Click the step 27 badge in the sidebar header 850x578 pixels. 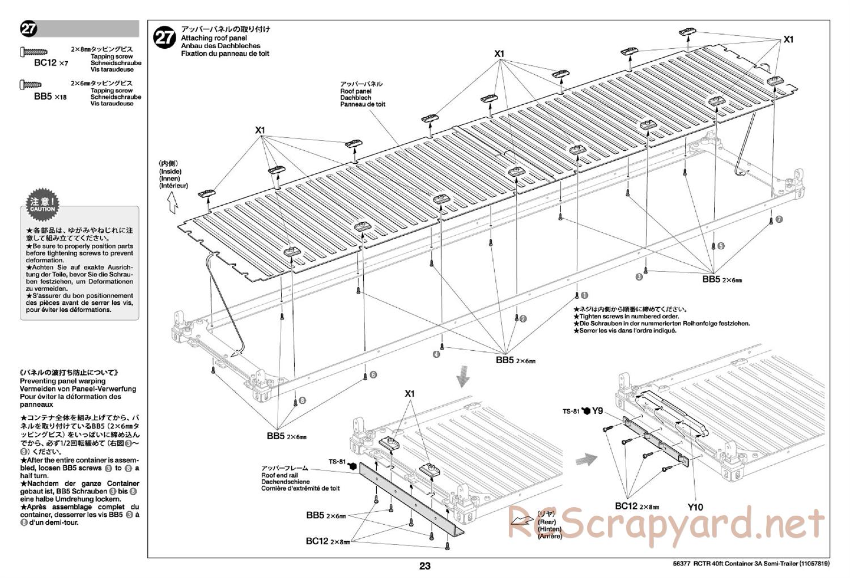pos(28,29)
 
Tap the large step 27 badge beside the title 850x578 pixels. pos(164,37)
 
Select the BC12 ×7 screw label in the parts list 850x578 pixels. pos(50,63)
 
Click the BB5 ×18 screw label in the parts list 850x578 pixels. pos(50,96)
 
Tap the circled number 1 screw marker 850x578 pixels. pos(585,295)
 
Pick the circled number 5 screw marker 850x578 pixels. pos(721,246)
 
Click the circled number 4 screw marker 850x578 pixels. pos(436,354)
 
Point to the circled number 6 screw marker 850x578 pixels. pos(373,375)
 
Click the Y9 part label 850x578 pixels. pos(597,411)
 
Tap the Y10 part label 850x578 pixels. pos(695,507)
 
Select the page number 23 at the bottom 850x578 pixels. pos(425,566)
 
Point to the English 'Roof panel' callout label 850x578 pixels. pos(355,91)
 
